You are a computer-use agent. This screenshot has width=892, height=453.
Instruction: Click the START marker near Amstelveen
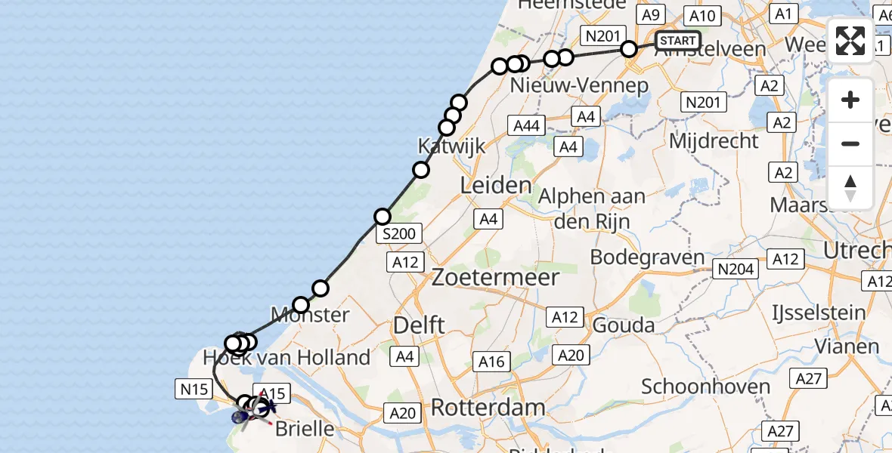point(677,41)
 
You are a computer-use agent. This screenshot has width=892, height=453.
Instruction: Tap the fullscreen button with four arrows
point(850,40)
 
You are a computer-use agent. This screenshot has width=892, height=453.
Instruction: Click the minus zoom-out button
point(850,143)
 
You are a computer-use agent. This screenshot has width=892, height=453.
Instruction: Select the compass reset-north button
point(850,188)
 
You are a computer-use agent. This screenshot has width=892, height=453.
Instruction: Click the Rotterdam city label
point(488,408)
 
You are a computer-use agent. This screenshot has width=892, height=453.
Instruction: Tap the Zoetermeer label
point(495,277)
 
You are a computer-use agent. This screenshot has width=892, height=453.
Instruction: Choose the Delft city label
point(418,325)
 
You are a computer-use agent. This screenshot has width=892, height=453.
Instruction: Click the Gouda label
point(624,325)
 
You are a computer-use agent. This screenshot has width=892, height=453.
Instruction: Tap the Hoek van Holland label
point(286,358)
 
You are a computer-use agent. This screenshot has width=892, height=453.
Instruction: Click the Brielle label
point(304,429)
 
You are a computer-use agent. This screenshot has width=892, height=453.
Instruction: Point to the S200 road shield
point(398,234)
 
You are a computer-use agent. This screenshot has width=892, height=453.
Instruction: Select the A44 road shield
point(526,126)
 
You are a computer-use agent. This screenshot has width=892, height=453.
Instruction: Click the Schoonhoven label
point(706,387)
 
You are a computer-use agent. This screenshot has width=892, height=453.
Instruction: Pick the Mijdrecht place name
point(714,140)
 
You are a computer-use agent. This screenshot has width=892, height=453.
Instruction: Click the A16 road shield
point(491,362)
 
